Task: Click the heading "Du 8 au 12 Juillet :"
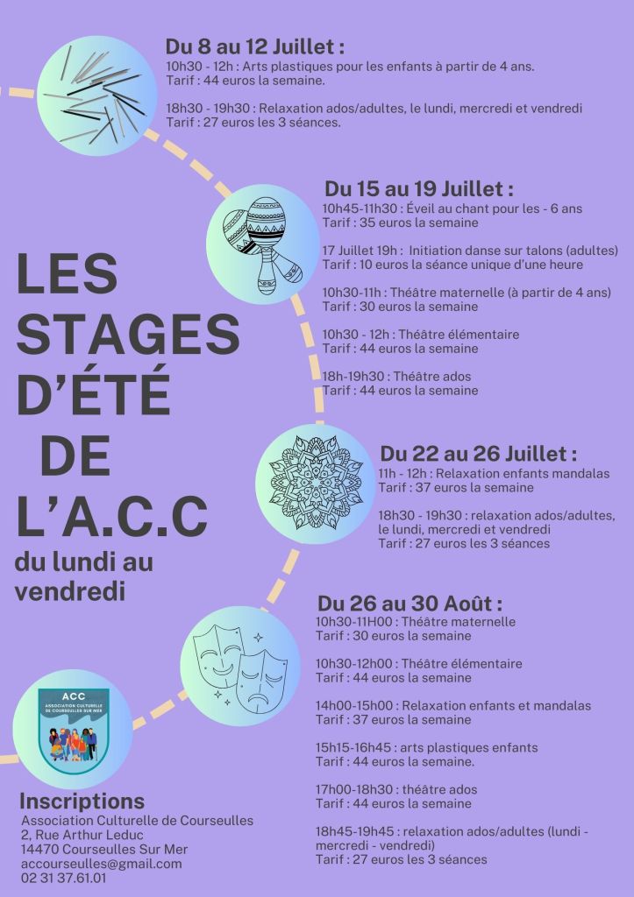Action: point(255,46)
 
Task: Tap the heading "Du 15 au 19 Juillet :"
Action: point(418,188)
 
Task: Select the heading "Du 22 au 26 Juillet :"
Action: point(479,454)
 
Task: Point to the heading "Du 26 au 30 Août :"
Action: point(410,604)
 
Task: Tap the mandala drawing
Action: point(316,482)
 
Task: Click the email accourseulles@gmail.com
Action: point(101,863)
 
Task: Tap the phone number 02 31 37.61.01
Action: point(69,877)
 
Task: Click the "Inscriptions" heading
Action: point(82,801)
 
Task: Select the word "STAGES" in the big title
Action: point(128,336)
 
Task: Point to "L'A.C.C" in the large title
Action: point(112,517)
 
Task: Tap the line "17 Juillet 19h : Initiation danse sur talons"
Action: point(465,251)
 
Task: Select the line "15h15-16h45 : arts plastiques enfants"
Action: point(427,747)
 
